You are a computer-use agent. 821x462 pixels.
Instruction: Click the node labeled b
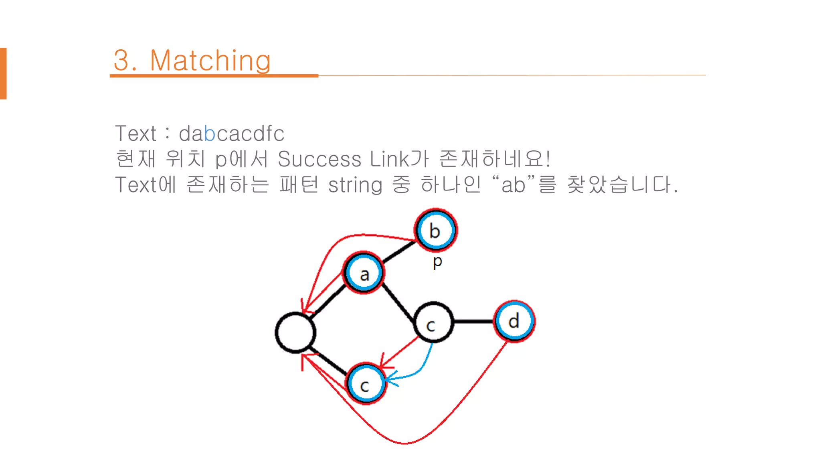tap(435, 230)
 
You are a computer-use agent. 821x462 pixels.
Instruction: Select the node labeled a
tap(364, 274)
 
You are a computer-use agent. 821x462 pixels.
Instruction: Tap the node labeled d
tap(514, 321)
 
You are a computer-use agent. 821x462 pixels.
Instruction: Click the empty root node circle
tap(295, 332)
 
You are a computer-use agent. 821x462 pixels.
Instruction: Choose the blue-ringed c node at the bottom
tap(366, 384)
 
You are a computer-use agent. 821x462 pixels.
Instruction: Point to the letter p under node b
tap(437, 262)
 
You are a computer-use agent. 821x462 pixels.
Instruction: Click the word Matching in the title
tap(210, 61)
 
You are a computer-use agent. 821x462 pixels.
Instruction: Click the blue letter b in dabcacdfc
tap(209, 134)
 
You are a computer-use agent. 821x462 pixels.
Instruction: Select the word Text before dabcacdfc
tap(135, 134)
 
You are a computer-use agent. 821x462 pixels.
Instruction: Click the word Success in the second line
tap(319, 159)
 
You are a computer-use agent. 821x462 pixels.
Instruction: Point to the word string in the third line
tap(355, 185)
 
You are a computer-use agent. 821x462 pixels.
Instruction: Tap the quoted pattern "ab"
tap(513, 185)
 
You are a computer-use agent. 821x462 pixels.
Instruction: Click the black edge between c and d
tap(473, 321)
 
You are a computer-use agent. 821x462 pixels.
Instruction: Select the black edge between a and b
tap(399, 252)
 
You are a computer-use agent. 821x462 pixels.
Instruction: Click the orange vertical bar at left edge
tap(3, 73)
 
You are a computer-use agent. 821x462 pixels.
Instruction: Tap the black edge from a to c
tap(398, 303)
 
